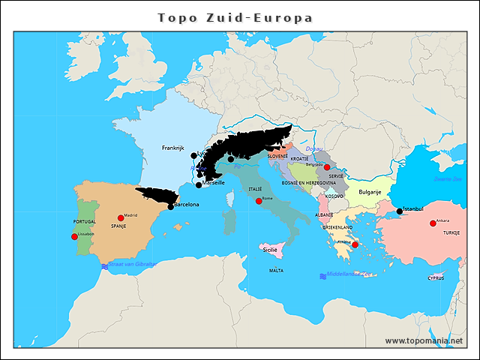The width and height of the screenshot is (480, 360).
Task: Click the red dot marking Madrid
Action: [121, 218]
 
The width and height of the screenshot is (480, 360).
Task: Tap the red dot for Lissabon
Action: [74, 237]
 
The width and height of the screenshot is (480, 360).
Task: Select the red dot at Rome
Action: [259, 201]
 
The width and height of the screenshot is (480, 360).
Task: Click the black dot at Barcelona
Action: [171, 207]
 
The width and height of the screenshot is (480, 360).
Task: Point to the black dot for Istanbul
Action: [400, 211]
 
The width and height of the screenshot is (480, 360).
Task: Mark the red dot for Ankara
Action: [433, 223]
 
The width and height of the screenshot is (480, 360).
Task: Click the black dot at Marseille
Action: [199, 184]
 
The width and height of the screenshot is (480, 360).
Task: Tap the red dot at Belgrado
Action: [326, 167]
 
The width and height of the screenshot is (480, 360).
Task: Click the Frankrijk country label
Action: [172, 148]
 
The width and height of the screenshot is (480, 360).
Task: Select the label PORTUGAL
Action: [85, 222]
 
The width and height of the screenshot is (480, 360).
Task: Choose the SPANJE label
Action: [118, 226]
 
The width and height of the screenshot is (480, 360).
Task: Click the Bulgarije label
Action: [370, 192]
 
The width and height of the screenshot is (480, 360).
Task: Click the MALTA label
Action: [276, 270]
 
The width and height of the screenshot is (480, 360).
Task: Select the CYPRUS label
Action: [436, 277]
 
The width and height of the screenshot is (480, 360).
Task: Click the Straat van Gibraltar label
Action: [133, 265]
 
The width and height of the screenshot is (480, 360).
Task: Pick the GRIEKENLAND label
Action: [337, 226]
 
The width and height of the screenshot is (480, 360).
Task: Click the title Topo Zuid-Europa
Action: [235, 17]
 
